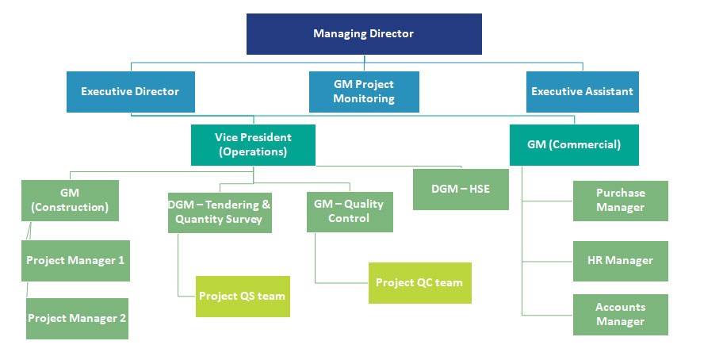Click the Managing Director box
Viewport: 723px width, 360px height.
pos(364,34)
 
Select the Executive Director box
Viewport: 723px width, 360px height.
pos(130,92)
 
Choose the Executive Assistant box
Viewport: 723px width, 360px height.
pos(582,92)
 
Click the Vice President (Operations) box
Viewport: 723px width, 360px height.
pos(253,145)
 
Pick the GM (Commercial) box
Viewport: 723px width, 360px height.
pos(574,145)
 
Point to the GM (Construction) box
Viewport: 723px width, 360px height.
pos(70,200)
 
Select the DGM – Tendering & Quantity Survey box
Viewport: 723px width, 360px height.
pos(220,212)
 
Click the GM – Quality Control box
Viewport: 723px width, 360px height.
pos(349,211)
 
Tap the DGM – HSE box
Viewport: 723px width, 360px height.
pos(461,189)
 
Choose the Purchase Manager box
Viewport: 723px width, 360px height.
pos(620,201)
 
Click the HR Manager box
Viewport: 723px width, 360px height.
pos(620,261)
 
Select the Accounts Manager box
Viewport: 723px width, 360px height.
pos(620,315)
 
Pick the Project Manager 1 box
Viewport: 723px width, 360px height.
pos(75,261)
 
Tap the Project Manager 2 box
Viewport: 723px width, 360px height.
pos(77,319)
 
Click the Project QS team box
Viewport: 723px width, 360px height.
pos(243,297)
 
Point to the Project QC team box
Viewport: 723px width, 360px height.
pos(419,283)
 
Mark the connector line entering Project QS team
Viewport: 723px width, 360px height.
pos(187,297)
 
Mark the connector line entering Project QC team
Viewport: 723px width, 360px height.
pos(342,282)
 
